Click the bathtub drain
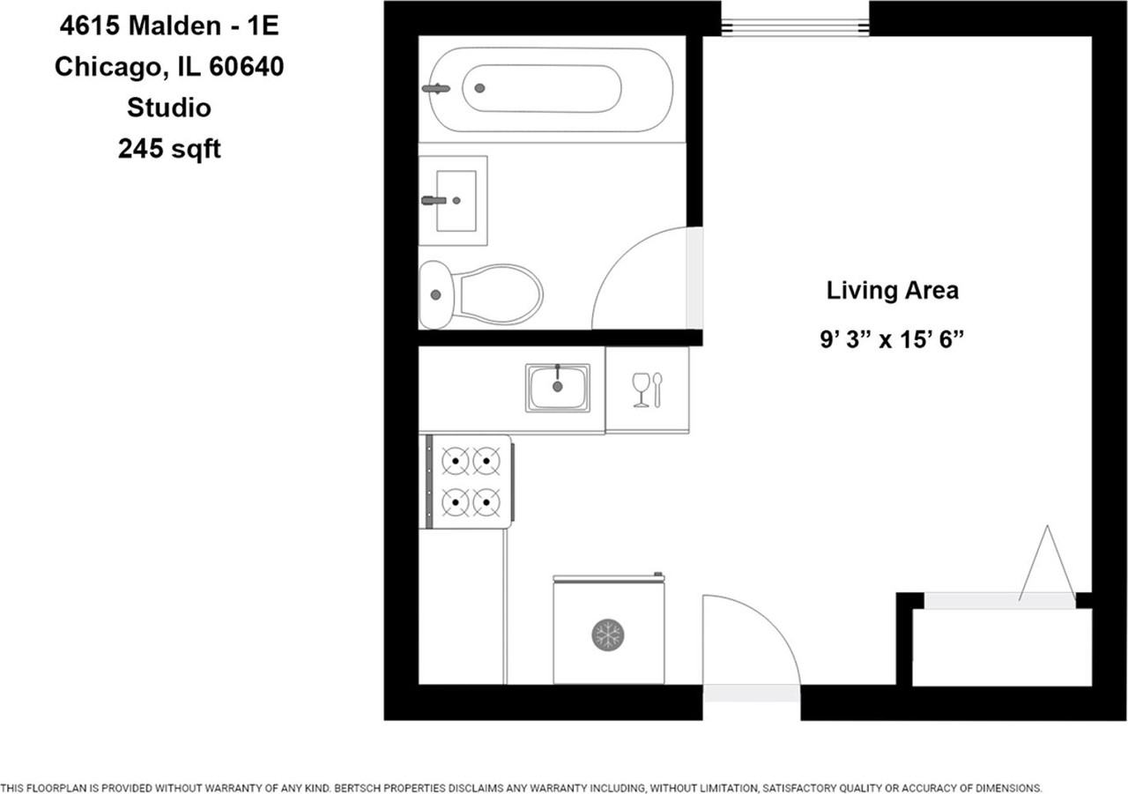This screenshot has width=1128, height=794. click(x=479, y=88)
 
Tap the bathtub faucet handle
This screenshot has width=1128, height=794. click(x=436, y=89)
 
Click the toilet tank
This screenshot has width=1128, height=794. click(x=435, y=295)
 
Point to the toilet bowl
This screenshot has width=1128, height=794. click(x=498, y=294)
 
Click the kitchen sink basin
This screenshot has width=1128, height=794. click(x=558, y=387)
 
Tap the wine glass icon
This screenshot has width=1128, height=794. click(x=641, y=390)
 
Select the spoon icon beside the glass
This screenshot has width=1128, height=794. click(x=657, y=390)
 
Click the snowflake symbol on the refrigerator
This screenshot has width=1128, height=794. click(x=608, y=634)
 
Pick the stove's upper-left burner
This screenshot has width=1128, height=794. click(x=456, y=461)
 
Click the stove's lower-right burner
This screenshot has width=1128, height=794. click(x=486, y=502)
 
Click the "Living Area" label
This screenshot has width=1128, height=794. click(x=893, y=291)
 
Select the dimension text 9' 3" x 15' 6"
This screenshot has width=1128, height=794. click(x=892, y=339)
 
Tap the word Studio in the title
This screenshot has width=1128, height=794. click(x=169, y=108)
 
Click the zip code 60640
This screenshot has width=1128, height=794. click(x=246, y=66)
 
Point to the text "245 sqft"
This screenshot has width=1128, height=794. click(x=170, y=149)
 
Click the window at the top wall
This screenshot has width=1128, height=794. click(x=795, y=26)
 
